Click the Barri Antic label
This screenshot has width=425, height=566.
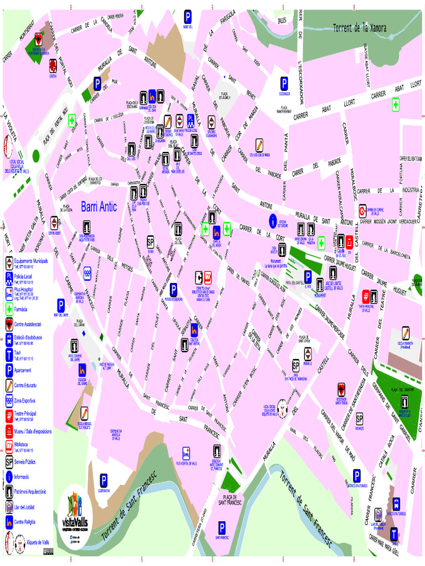[x=99, y=207]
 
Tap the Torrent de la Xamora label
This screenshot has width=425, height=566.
[x=359, y=27]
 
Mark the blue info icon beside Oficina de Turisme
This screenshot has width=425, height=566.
[x=272, y=221]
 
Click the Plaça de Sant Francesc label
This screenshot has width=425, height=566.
[x=230, y=500]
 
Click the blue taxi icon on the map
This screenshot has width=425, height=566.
[x=394, y=534]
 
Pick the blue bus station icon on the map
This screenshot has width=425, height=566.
[x=397, y=504]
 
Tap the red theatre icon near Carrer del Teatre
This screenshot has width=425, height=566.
[x=366, y=297]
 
